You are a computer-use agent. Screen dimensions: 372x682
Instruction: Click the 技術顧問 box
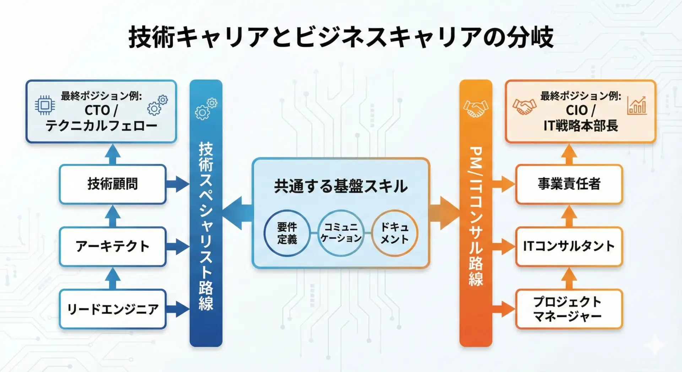coord(113,184)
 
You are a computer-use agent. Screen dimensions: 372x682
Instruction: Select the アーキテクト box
coord(113,247)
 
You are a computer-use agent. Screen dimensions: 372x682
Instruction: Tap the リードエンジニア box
coord(113,309)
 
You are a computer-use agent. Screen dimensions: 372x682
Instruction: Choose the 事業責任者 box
coord(569,184)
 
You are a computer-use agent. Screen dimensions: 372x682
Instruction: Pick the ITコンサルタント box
coord(569,246)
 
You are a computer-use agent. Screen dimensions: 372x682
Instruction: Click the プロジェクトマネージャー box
coord(569,309)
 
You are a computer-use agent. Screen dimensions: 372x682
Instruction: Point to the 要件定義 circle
coord(287,233)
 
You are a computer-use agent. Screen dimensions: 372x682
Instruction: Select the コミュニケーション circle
coord(341,233)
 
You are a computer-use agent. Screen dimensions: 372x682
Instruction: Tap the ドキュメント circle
coord(395,233)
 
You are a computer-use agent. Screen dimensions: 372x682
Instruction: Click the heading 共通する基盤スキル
coord(341,186)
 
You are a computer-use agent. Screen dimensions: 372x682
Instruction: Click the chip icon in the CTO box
coord(45,105)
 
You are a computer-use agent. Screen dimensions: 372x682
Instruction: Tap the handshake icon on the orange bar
coord(476,109)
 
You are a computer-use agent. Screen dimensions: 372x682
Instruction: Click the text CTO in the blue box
coord(97,110)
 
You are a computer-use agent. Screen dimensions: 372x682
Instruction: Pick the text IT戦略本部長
coord(581,126)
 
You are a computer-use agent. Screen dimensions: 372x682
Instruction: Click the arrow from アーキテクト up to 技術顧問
coord(113,216)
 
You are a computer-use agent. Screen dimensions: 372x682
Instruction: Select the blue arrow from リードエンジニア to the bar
coord(178,309)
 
